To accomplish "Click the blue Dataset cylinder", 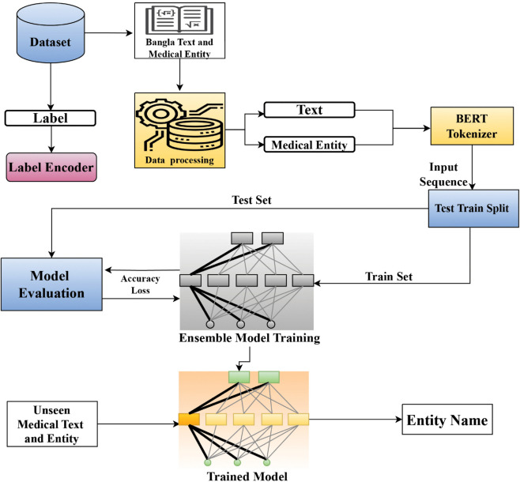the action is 51,32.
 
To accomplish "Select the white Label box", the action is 51,118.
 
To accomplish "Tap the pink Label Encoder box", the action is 51,167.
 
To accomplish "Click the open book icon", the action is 179,21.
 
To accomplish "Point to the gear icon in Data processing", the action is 160,114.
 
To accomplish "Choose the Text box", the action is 310,110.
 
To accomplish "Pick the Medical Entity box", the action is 310,145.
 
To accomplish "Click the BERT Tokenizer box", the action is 472,126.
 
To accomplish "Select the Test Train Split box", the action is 473,208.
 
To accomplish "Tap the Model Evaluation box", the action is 51,284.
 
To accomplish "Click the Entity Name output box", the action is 447,420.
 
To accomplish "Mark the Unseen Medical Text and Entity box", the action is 52,424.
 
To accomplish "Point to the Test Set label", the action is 252,200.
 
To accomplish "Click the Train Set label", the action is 389,277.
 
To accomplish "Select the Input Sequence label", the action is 443,175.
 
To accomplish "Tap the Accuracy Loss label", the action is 141,284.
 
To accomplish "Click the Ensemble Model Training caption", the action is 250,338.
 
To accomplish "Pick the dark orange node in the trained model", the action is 189,420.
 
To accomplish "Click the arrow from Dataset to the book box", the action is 109,33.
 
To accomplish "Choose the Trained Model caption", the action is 247,476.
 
